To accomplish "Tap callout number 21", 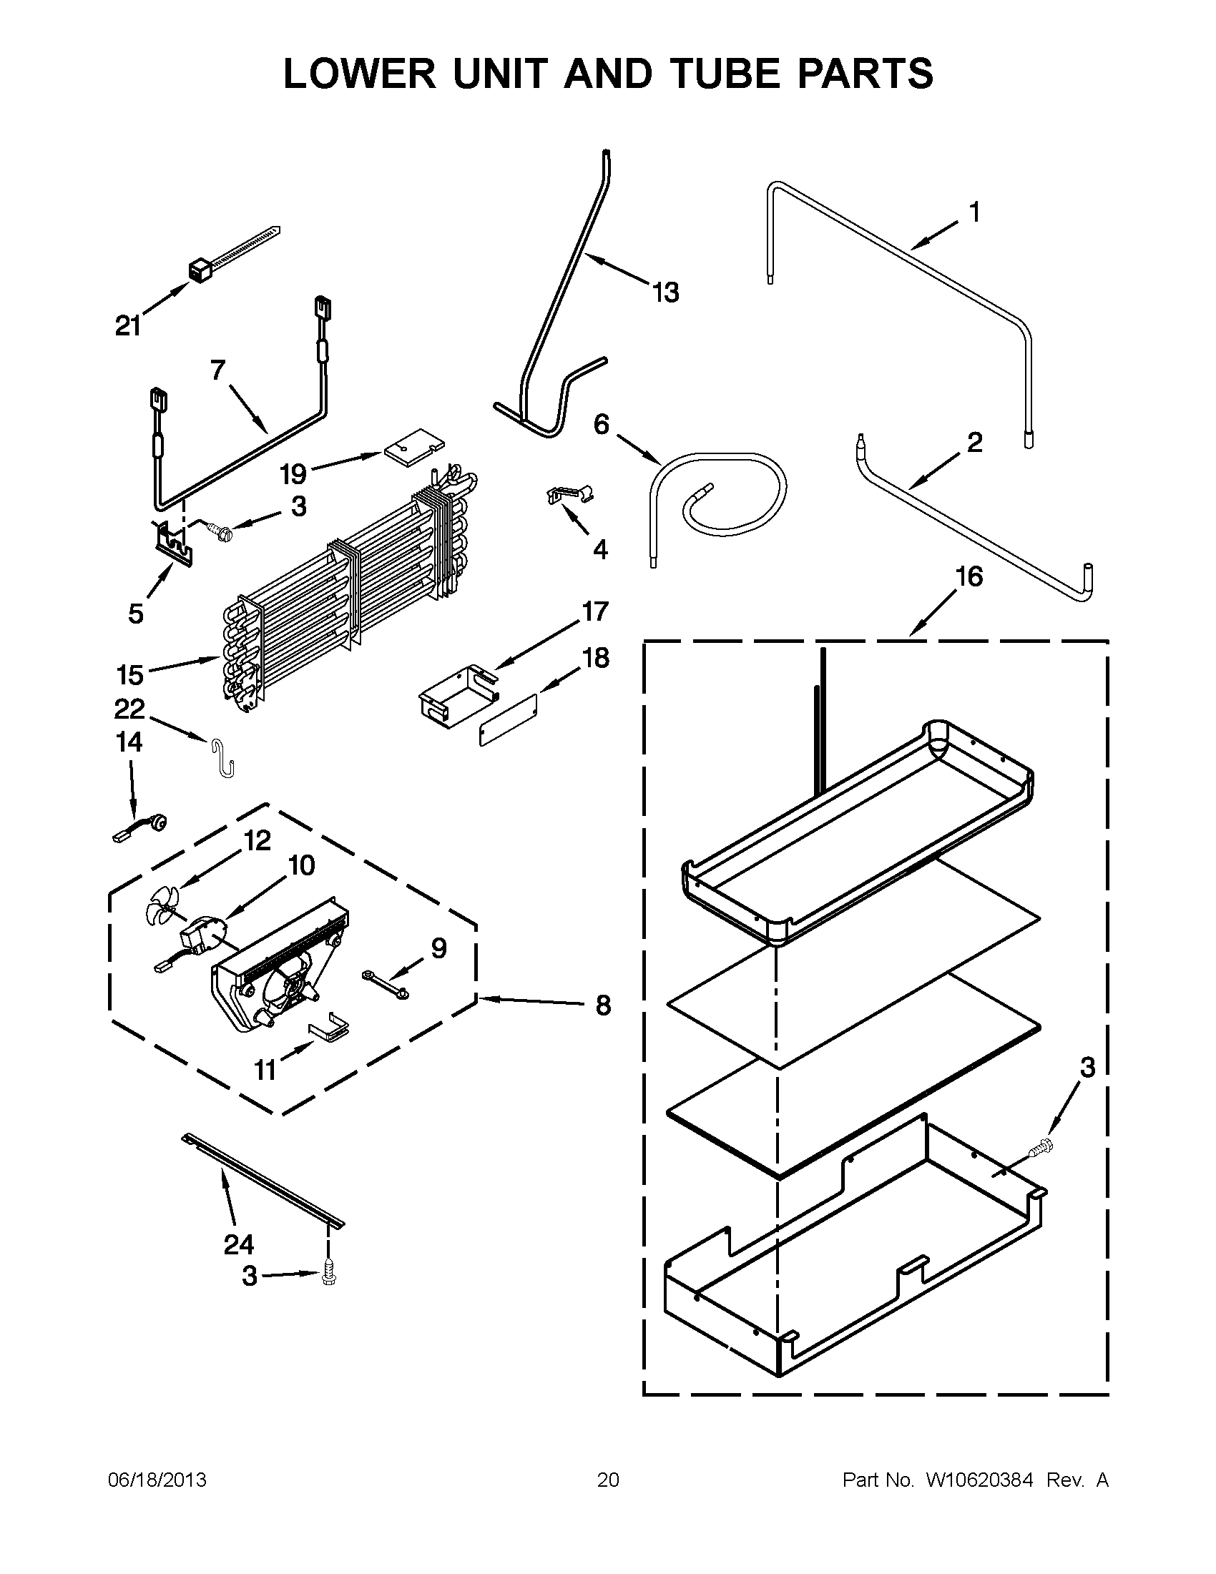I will point(128,327).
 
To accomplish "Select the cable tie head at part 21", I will point(198,272).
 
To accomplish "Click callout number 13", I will point(665,292).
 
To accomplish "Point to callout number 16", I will point(969,576).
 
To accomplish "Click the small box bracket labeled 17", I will point(458,692).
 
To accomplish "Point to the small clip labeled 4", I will point(568,495).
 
